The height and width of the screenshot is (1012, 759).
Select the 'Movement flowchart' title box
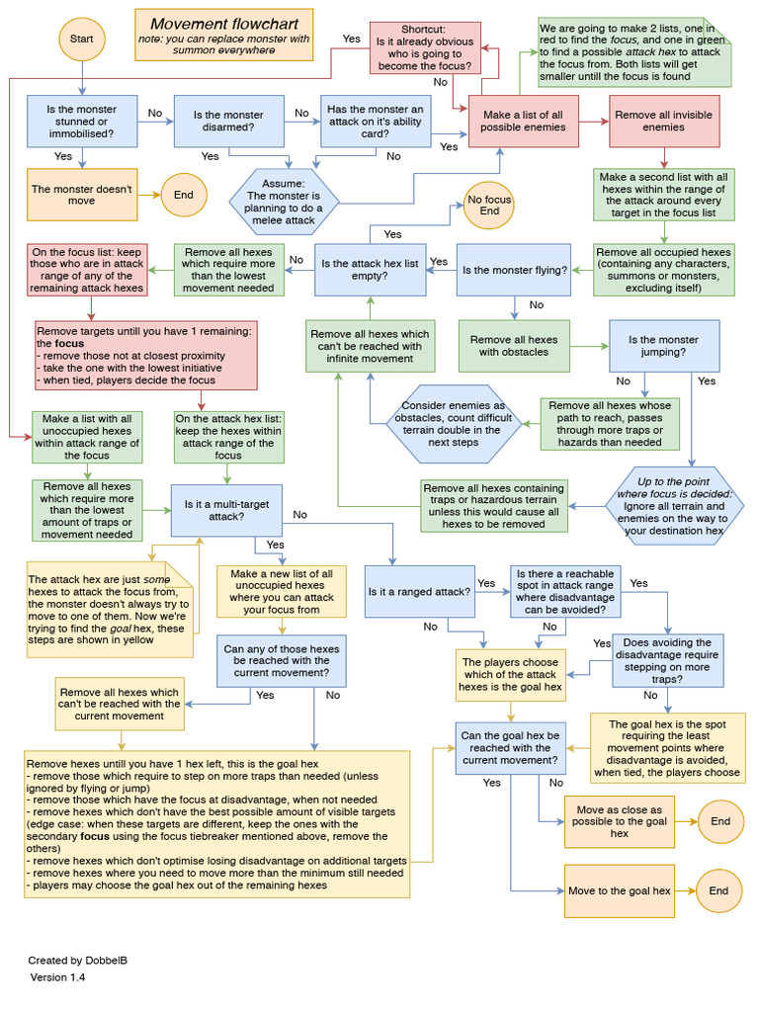(222, 35)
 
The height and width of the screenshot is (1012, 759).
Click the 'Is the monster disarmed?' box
(228, 122)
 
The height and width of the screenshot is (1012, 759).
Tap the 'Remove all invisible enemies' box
(664, 122)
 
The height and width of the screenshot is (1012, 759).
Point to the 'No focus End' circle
(489, 205)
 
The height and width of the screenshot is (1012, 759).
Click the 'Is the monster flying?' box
(514, 270)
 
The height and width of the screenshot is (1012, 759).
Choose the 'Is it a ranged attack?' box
(418, 591)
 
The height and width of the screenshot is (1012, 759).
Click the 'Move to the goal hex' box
(619, 890)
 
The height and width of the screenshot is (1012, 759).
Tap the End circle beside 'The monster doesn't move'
(184, 195)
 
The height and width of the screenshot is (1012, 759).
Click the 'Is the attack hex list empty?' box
(369, 270)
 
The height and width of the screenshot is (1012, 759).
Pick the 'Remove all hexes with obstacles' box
(513, 346)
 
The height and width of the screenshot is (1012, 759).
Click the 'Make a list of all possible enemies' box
(524, 122)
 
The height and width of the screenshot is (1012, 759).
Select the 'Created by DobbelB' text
(72, 960)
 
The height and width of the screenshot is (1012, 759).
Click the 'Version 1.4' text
(57, 977)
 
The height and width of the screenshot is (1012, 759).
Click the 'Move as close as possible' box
(619, 821)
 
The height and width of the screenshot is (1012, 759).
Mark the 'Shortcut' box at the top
(424, 48)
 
